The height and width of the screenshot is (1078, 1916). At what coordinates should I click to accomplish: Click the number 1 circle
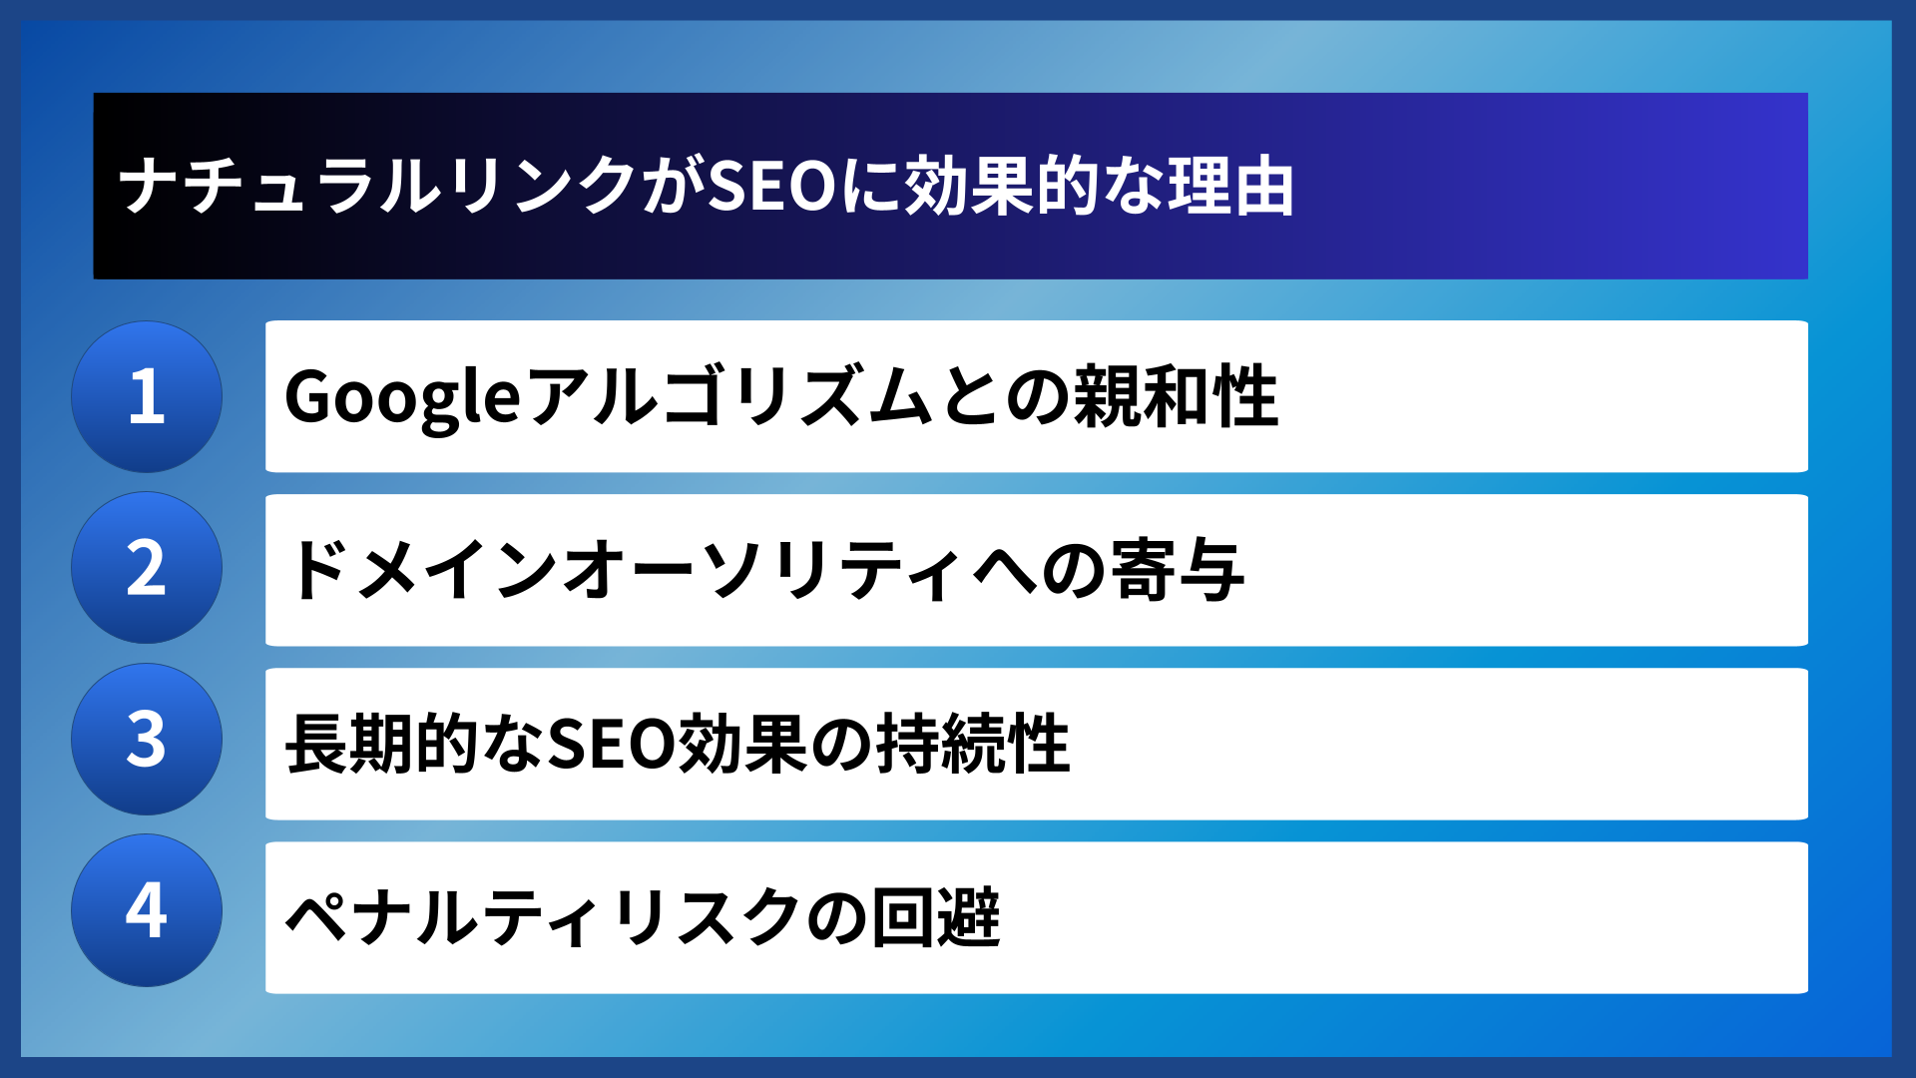click(147, 396)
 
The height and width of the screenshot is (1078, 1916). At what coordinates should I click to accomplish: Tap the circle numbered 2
click(147, 568)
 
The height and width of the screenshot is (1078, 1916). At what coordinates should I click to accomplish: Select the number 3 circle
click(147, 740)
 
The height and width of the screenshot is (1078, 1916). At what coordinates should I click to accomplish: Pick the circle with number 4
click(147, 910)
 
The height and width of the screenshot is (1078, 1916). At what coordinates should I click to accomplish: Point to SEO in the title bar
click(771, 187)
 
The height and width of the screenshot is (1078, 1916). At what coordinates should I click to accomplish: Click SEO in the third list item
click(611, 744)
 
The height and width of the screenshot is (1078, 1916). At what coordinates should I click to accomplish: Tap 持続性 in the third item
click(973, 744)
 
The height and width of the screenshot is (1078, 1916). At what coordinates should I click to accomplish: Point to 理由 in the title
click(1231, 187)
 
